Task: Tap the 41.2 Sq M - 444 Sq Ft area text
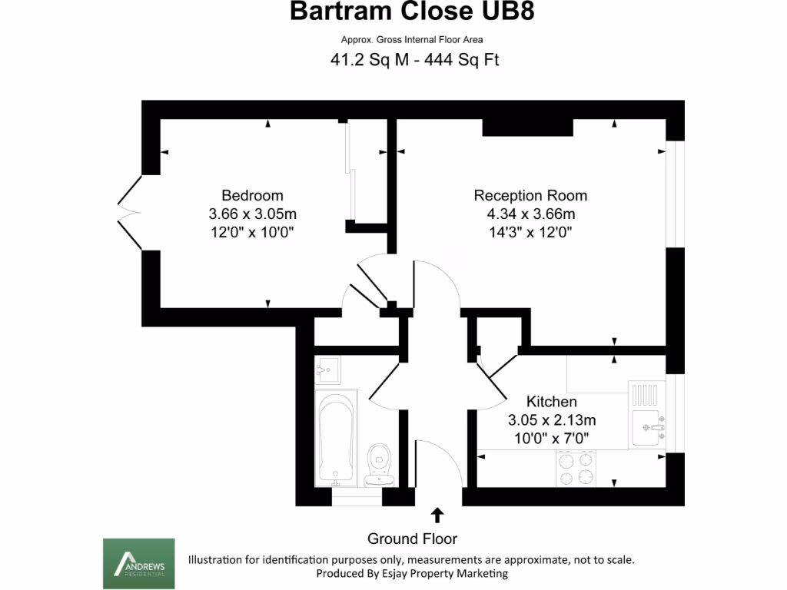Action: [x=415, y=59]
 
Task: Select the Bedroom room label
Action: [x=252, y=195]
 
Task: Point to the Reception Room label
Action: [x=530, y=195]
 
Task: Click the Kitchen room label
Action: [x=551, y=402]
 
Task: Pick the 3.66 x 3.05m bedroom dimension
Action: [x=252, y=213]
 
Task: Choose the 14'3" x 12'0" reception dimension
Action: [x=530, y=231]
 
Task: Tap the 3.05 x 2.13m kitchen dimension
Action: [x=552, y=420]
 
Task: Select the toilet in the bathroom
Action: [x=378, y=463]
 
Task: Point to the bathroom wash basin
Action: [x=327, y=370]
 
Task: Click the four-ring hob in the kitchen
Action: [x=576, y=468]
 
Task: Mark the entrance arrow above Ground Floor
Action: [x=437, y=514]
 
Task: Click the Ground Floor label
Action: [x=412, y=539]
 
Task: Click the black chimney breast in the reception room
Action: [x=527, y=128]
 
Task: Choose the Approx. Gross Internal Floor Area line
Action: [x=412, y=40]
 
